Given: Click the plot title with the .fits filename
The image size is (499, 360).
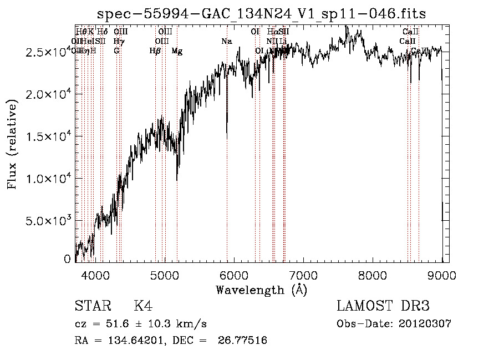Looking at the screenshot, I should click(x=261, y=14).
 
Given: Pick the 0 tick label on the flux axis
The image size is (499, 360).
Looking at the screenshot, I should click(x=68, y=259).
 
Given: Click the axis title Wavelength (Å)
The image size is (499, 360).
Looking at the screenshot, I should click(x=261, y=290).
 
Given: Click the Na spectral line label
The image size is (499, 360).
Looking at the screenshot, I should click(x=226, y=42).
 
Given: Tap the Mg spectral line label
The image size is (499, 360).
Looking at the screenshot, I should click(x=177, y=52).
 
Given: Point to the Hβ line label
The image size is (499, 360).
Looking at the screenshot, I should click(x=155, y=52).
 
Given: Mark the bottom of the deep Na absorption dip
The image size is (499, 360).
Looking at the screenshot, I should click(x=227, y=136).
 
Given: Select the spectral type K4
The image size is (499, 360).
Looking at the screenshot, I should click(x=143, y=306).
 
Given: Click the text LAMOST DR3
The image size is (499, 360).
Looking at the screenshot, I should click(x=383, y=306).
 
